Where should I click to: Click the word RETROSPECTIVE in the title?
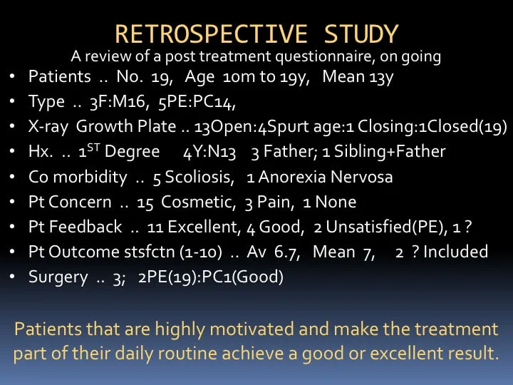coord(212,34)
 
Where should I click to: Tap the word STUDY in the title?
coord(361,34)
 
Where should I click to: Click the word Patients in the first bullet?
coord(60,76)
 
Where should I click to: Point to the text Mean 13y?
coord(358,77)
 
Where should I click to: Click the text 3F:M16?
coord(118,102)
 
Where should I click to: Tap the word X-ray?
coord(48,127)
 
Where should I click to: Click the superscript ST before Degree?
coord(93,148)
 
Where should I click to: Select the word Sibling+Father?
coord(390,152)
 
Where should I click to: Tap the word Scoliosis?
coord(199,177)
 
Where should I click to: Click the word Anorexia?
coord(292,177)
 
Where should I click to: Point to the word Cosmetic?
coord(198,202)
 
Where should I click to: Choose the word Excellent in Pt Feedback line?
coord(204,227)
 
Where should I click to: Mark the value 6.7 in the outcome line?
coord(287,252)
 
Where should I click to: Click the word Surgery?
coord(58,277)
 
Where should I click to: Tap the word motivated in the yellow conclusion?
coord(252,329)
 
